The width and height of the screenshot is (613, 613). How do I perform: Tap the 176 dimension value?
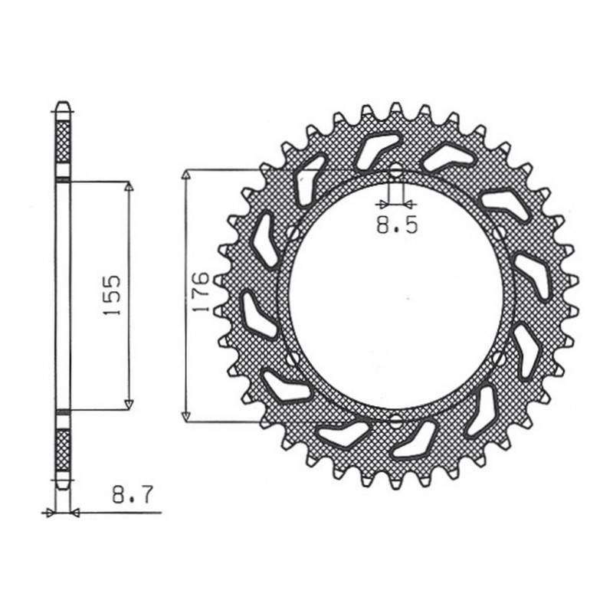pyautogui.click(x=200, y=291)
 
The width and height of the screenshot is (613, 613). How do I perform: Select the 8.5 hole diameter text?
pyautogui.click(x=396, y=226)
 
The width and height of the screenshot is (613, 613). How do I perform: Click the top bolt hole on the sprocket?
pyautogui.click(x=395, y=170)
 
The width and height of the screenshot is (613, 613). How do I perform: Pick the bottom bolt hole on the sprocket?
pyautogui.click(x=395, y=421)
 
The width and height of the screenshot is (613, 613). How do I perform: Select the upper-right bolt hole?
pyautogui.click(x=500, y=231)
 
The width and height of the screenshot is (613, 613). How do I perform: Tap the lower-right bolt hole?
pyautogui.click(x=500, y=357)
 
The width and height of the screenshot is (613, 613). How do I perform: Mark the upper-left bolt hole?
pyautogui.click(x=292, y=231)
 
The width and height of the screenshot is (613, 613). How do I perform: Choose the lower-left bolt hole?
pyautogui.click(x=292, y=357)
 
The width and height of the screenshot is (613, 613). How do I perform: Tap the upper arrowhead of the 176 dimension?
pyautogui.click(x=185, y=174)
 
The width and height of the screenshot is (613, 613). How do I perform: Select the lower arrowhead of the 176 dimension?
pyautogui.click(x=185, y=416)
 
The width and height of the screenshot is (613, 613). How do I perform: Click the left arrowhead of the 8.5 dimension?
pyautogui.click(x=382, y=205)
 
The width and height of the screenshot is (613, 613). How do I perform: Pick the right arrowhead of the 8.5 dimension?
pyautogui.click(x=409, y=205)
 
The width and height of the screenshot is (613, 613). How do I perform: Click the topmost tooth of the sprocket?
pyautogui.click(x=396, y=107)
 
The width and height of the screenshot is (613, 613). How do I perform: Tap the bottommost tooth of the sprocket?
pyautogui.click(x=396, y=484)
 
